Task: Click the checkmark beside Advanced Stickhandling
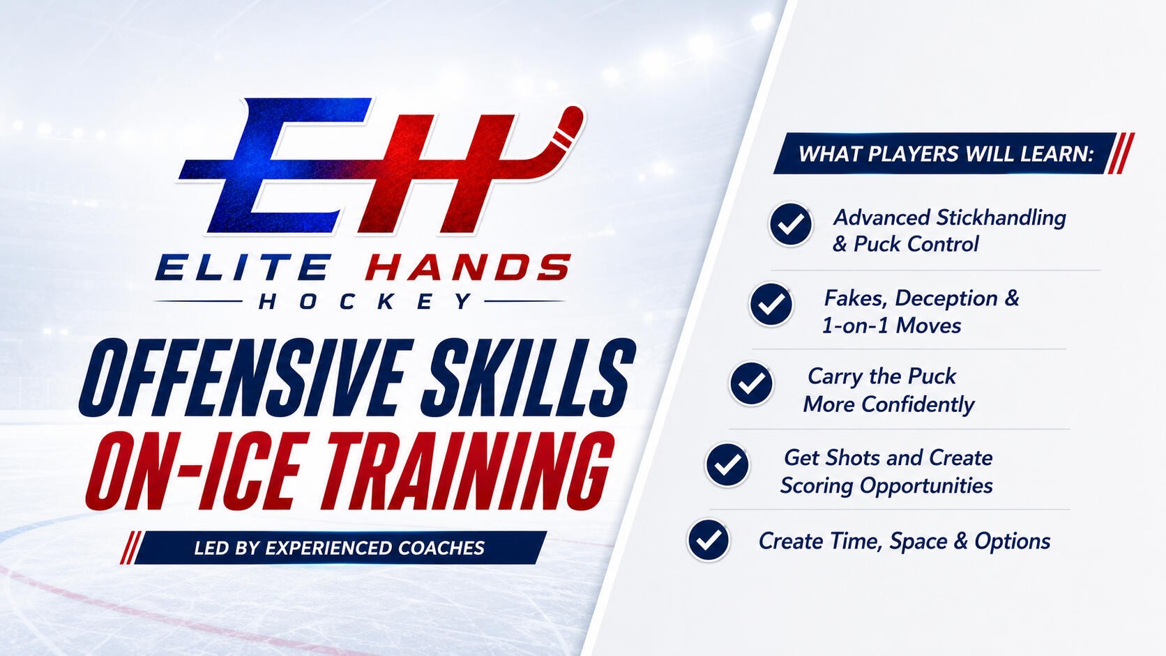[791, 224]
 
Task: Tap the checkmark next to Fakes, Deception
[771, 305]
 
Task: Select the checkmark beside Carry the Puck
[751, 384]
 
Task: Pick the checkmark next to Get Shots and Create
[728, 464]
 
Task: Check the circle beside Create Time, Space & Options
[709, 540]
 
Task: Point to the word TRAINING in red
[465, 471]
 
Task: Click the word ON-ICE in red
[192, 471]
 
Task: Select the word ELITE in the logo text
[242, 268]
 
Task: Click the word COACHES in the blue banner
[441, 549]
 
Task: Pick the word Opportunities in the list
[926, 487]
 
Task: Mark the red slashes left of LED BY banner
[130, 548]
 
